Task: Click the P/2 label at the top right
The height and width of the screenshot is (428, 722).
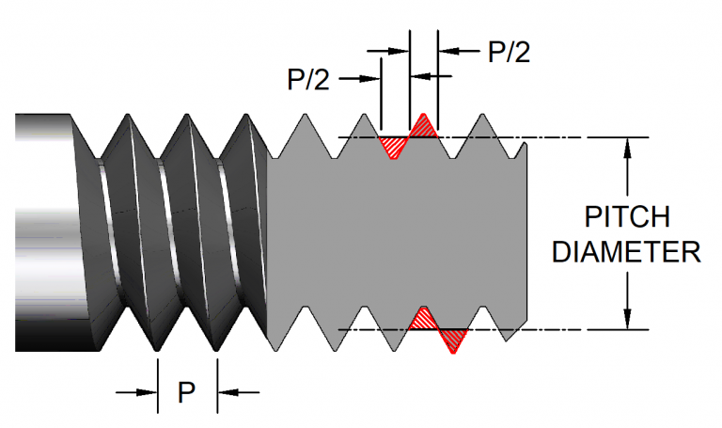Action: click(x=509, y=52)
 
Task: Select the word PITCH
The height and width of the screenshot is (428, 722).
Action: click(x=627, y=217)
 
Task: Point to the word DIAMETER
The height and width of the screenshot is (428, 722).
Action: click(x=627, y=252)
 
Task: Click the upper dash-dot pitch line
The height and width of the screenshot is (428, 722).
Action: click(x=564, y=137)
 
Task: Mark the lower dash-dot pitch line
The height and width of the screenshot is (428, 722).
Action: click(x=564, y=330)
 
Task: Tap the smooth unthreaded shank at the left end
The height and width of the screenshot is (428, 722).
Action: click(x=42, y=230)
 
